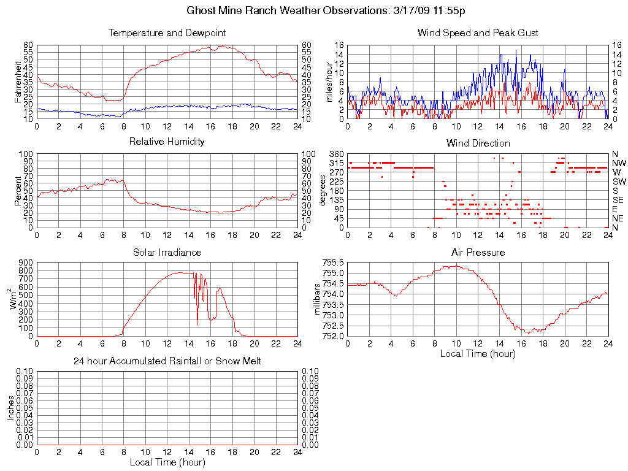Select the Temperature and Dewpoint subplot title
click(x=167, y=33)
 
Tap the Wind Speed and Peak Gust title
click(x=478, y=33)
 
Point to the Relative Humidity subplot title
click(x=167, y=142)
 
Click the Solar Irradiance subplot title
click(x=167, y=252)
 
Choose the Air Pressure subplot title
click(x=478, y=252)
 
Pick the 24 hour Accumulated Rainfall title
click(x=167, y=361)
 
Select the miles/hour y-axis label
click(x=329, y=82)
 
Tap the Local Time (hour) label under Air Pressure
click(x=478, y=353)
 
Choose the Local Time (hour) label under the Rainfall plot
click(x=167, y=462)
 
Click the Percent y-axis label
click(x=19, y=191)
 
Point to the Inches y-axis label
click(x=10, y=408)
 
